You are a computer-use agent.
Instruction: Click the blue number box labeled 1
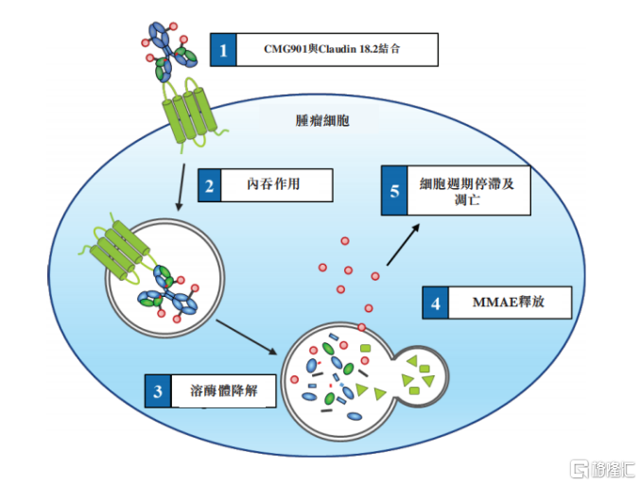coord(223,49)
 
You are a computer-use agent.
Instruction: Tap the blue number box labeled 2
coord(209,184)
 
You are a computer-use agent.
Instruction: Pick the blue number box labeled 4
coord(435,303)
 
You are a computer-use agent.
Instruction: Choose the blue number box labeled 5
coord(395,190)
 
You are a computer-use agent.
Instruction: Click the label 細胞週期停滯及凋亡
coord(467,190)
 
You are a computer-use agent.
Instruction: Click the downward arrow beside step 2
coord(179,188)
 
